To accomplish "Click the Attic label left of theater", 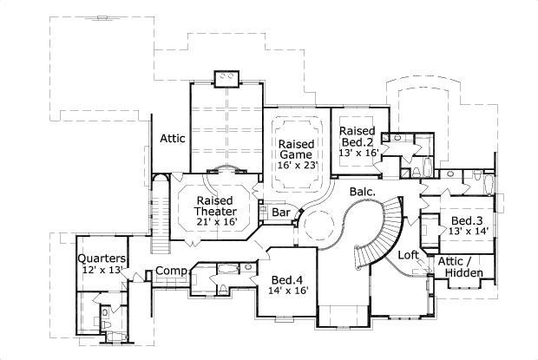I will click(x=173, y=138).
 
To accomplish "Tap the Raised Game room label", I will click(x=295, y=148).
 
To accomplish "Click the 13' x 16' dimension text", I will click(x=357, y=152).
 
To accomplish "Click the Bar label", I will click(x=281, y=212).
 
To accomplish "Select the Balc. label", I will click(x=364, y=191).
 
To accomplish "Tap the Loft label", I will click(x=409, y=255).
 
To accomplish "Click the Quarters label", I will click(x=102, y=259).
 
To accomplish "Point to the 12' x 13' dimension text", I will click(x=102, y=271).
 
